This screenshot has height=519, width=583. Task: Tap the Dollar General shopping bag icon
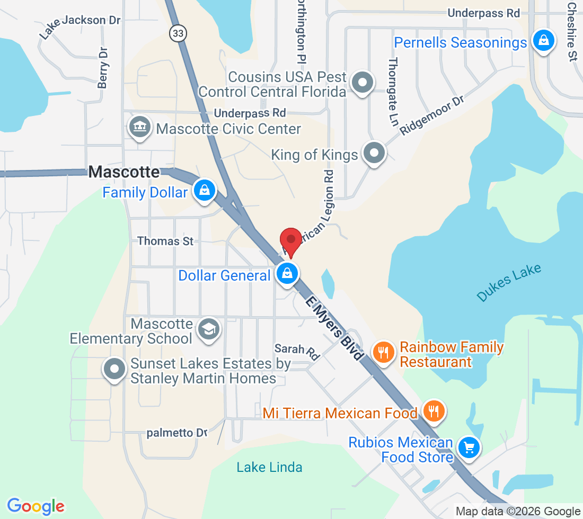coord(287,274)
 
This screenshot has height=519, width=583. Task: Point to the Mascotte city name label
coord(124,172)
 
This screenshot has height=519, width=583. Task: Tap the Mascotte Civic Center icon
coord(140,128)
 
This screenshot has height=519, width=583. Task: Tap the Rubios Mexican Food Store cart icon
coord(468,448)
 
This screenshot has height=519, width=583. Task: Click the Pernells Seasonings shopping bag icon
coord(543,40)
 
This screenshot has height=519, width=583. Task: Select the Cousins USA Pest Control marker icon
coord(363,83)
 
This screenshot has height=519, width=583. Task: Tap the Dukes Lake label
coord(509,282)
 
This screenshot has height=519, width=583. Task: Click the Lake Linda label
coord(269,467)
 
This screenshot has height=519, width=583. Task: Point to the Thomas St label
coord(165,241)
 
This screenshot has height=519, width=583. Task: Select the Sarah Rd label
coord(297,351)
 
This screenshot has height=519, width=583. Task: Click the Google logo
coord(36,506)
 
